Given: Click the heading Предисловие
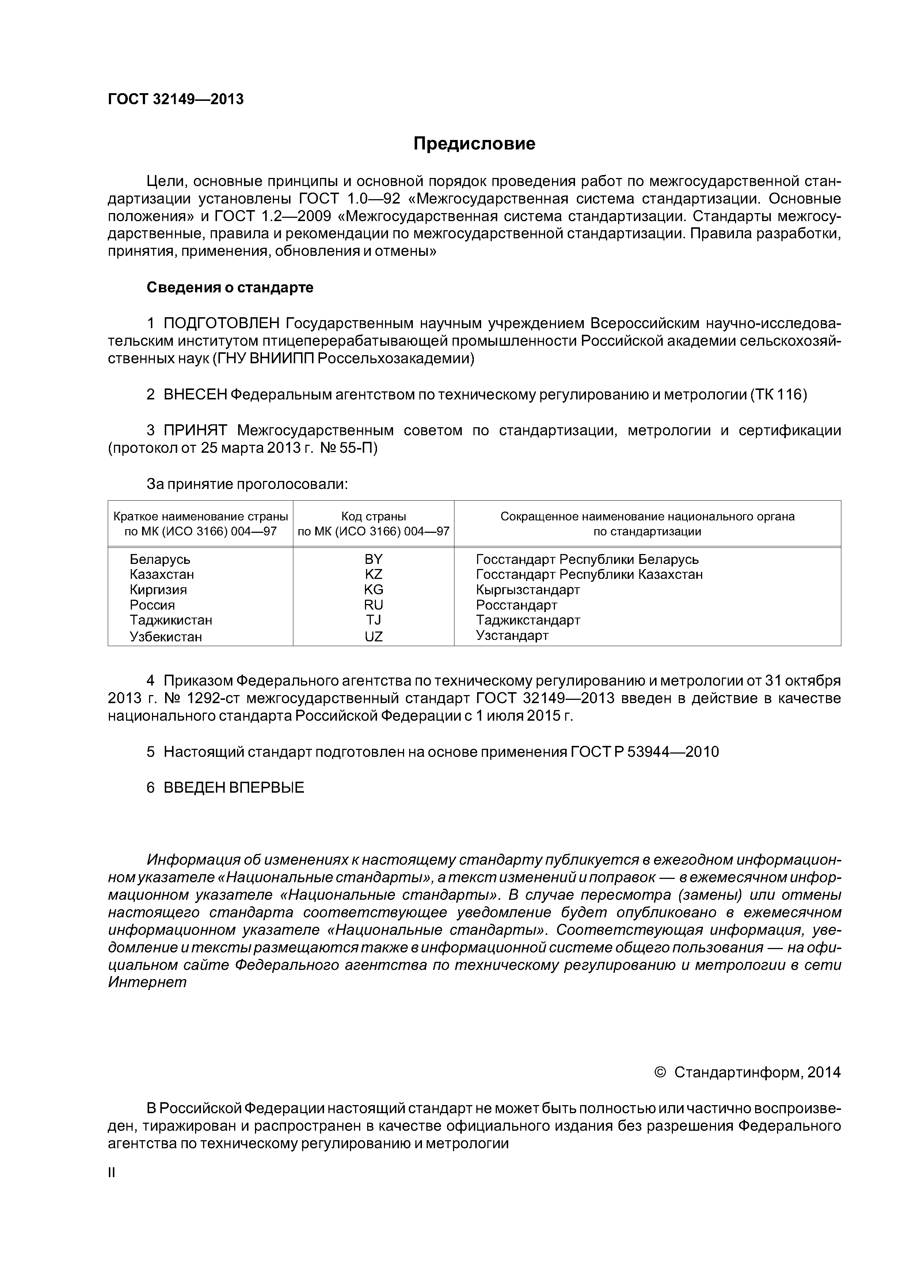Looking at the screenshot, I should tap(474, 144).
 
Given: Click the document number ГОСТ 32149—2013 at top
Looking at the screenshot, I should tap(176, 99).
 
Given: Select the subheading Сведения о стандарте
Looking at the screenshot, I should tap(230, 288).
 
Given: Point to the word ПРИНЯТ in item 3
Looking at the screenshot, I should tap(195, 431).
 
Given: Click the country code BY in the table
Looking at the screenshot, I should tap(373, 559).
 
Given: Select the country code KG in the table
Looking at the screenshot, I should tap(373, 589).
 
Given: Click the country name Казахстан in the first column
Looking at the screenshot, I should tap(162, 574).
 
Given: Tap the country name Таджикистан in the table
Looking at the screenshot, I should tap(171, 620).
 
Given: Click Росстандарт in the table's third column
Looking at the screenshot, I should tap(516, 605).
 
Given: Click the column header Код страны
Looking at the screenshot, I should tap(373, 516).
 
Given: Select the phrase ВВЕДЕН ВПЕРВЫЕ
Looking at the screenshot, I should tap(234, 788).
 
